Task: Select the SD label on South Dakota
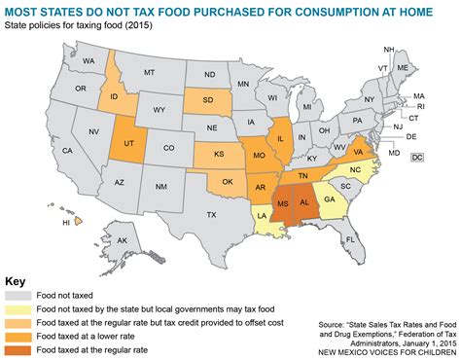(x=208, y=100)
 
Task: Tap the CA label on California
(x=67, y=150)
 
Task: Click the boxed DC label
(x=417, y=157)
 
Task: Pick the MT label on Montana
(x=149, y=72)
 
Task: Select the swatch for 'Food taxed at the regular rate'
(x=18, y=347)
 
